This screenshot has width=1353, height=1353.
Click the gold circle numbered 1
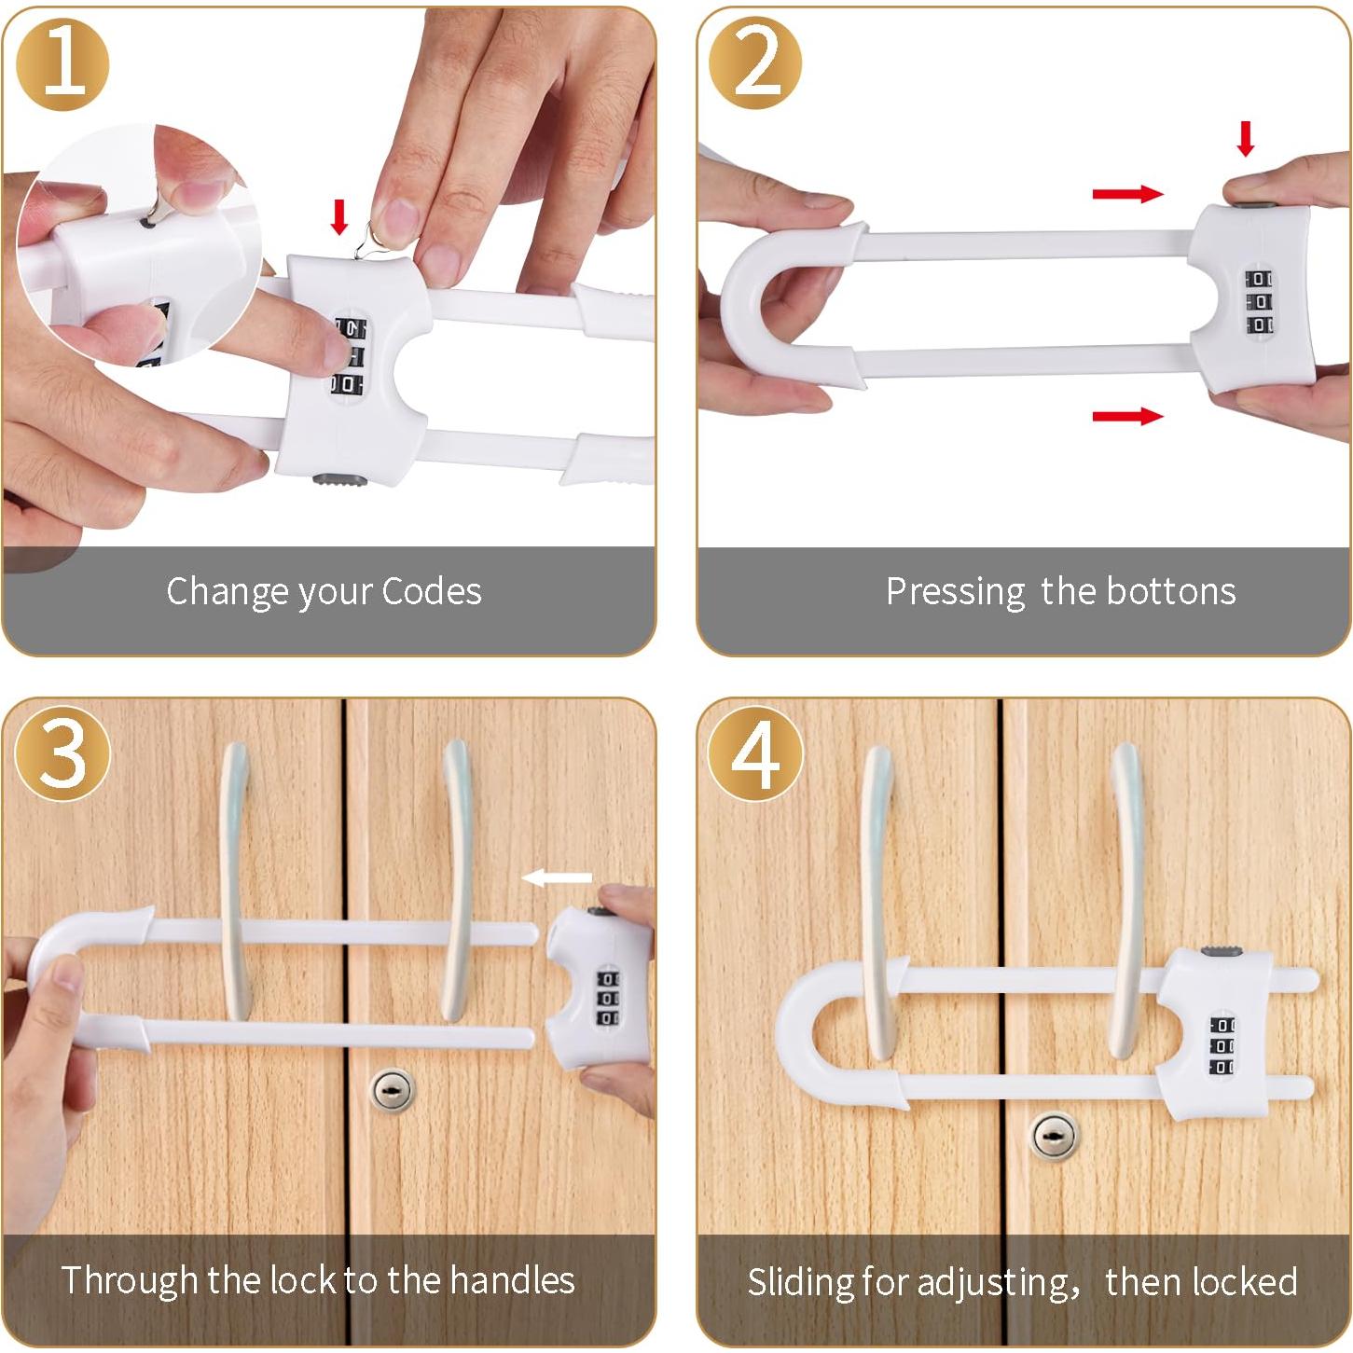pyautogui.click(x=62, y=64)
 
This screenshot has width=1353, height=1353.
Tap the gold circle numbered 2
pyautogui.click(x=755, y=64)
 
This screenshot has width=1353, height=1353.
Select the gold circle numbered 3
pyautogui.click(x=62, y=753)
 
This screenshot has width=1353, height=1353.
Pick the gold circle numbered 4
pyautogui.click(x=755, y=753)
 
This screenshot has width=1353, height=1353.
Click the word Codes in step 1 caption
pyautogui.click(x=432, y=591)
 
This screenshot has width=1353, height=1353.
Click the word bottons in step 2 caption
pyautogui.click(x=1170, y=591)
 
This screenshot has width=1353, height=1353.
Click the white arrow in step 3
pyautogui.click(x=557, y=877)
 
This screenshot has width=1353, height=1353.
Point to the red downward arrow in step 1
pyautogui.click(x=339, y=217)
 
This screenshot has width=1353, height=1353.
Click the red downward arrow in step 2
pyautogui.click(x=1246, y=138)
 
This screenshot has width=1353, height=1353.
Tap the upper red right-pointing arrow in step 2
pyautogui.click(x=1127, y=194)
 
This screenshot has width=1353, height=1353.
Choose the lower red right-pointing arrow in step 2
pyautogui.click(x=1127, y=417)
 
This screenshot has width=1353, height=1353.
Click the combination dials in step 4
pyautogui.click(x=1222, y=1045)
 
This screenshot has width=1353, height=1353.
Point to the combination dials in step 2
pyautogui.click(x=1259, y=302)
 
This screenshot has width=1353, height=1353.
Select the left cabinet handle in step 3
pyautogui.click(x=236, y=880)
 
